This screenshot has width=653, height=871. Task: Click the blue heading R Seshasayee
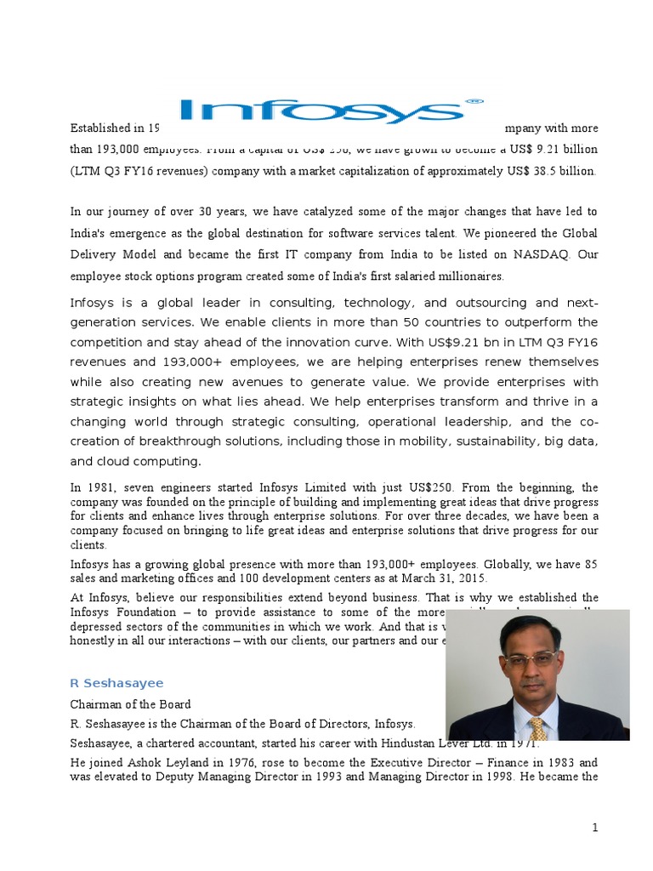click(x=116, y=683)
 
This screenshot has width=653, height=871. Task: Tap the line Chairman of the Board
click(x=130, y=704)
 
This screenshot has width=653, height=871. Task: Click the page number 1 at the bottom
click(x=596, y=827)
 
